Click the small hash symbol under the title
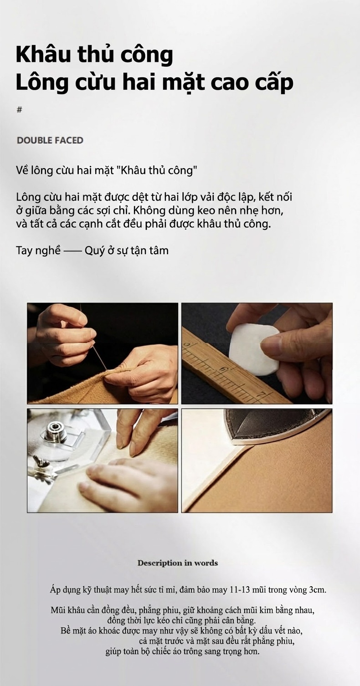pos(19,110)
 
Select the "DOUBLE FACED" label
pos(50,140)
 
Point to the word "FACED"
pos(67,140)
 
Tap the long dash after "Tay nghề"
pos(72,251)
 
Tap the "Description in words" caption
pos(178,563)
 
